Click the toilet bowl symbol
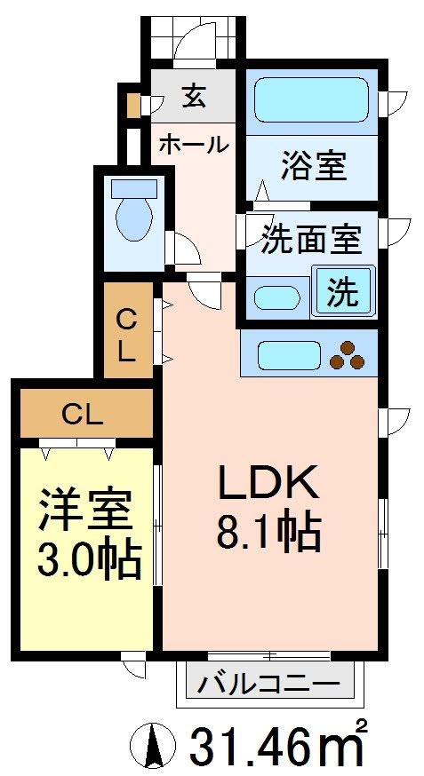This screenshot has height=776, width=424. click(x=134, y=217)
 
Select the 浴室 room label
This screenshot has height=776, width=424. click(x=314, y=165)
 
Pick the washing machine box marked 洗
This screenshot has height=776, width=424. click(x=343, y=292)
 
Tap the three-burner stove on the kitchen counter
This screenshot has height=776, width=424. click(x=348, y=355)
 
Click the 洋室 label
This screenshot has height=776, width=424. click(x=85, y=511)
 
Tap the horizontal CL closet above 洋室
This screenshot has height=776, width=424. click(x=84, y=414)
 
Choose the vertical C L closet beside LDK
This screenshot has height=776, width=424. click(x=127, y=334)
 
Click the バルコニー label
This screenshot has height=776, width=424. click(x=268, y=684)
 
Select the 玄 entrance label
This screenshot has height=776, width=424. click(x=195, y=96)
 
